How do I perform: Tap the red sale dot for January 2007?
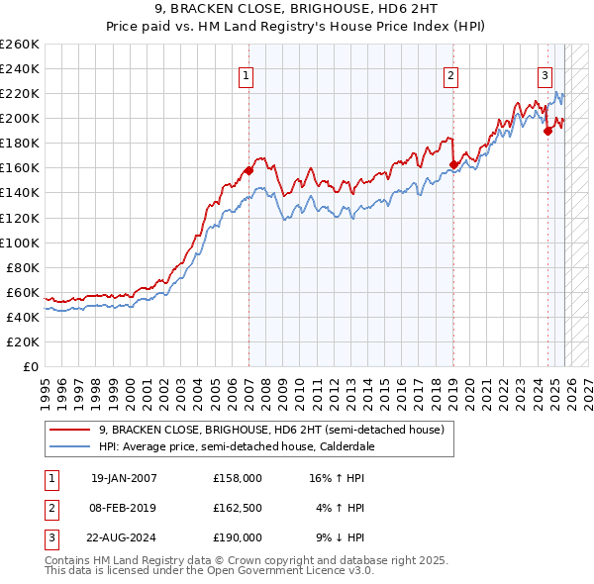coord(248,170)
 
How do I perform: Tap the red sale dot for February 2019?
coord(453,164)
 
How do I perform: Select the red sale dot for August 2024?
coord(547,130)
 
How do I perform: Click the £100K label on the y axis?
coord(20,243)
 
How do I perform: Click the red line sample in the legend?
coord(68,431)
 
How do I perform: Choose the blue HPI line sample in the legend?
coord(68,446)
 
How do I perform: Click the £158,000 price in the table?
coord(237,478)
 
